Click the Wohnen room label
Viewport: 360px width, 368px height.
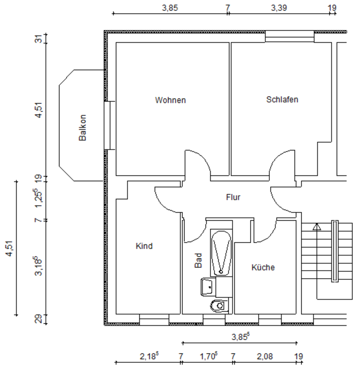(170, 100)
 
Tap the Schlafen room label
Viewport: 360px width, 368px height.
(282, 100)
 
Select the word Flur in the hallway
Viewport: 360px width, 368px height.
(233, 197)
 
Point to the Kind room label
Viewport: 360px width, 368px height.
(144, 246)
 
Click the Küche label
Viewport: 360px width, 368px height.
(263, 268)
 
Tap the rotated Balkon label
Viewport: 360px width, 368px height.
(82, 128)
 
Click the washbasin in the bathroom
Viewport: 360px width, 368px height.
(208, 286)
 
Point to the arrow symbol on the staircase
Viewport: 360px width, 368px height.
(317, 227)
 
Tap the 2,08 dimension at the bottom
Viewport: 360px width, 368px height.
(265, 356)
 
